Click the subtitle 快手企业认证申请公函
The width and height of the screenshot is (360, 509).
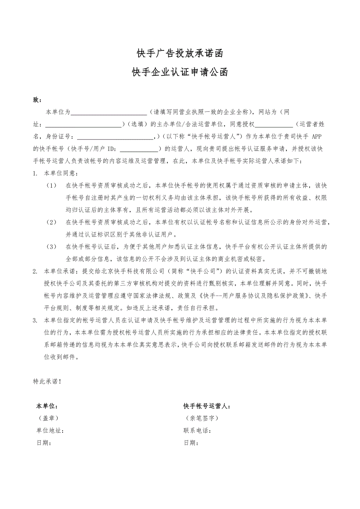coord(180,73)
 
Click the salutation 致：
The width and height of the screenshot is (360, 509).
coord(37,100)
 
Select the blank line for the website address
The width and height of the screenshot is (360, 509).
coord(84,125)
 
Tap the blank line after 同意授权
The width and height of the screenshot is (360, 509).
coord(274,125)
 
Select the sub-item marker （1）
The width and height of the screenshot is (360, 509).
coord(52,185)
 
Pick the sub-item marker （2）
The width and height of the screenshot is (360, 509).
coord(52,222)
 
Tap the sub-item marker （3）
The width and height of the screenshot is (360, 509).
coord(52,247)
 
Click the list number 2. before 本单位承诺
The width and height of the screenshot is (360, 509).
coord(35,271)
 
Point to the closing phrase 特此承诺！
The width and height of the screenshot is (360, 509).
coord(47,381)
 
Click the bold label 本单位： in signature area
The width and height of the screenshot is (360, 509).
coord(47,406)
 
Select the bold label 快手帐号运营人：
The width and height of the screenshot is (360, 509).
coord(207,406)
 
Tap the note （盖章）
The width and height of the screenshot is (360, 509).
coord(49,418)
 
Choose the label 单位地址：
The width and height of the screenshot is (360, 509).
coord(50,431)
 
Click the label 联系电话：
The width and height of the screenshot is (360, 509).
coord(198,431)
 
